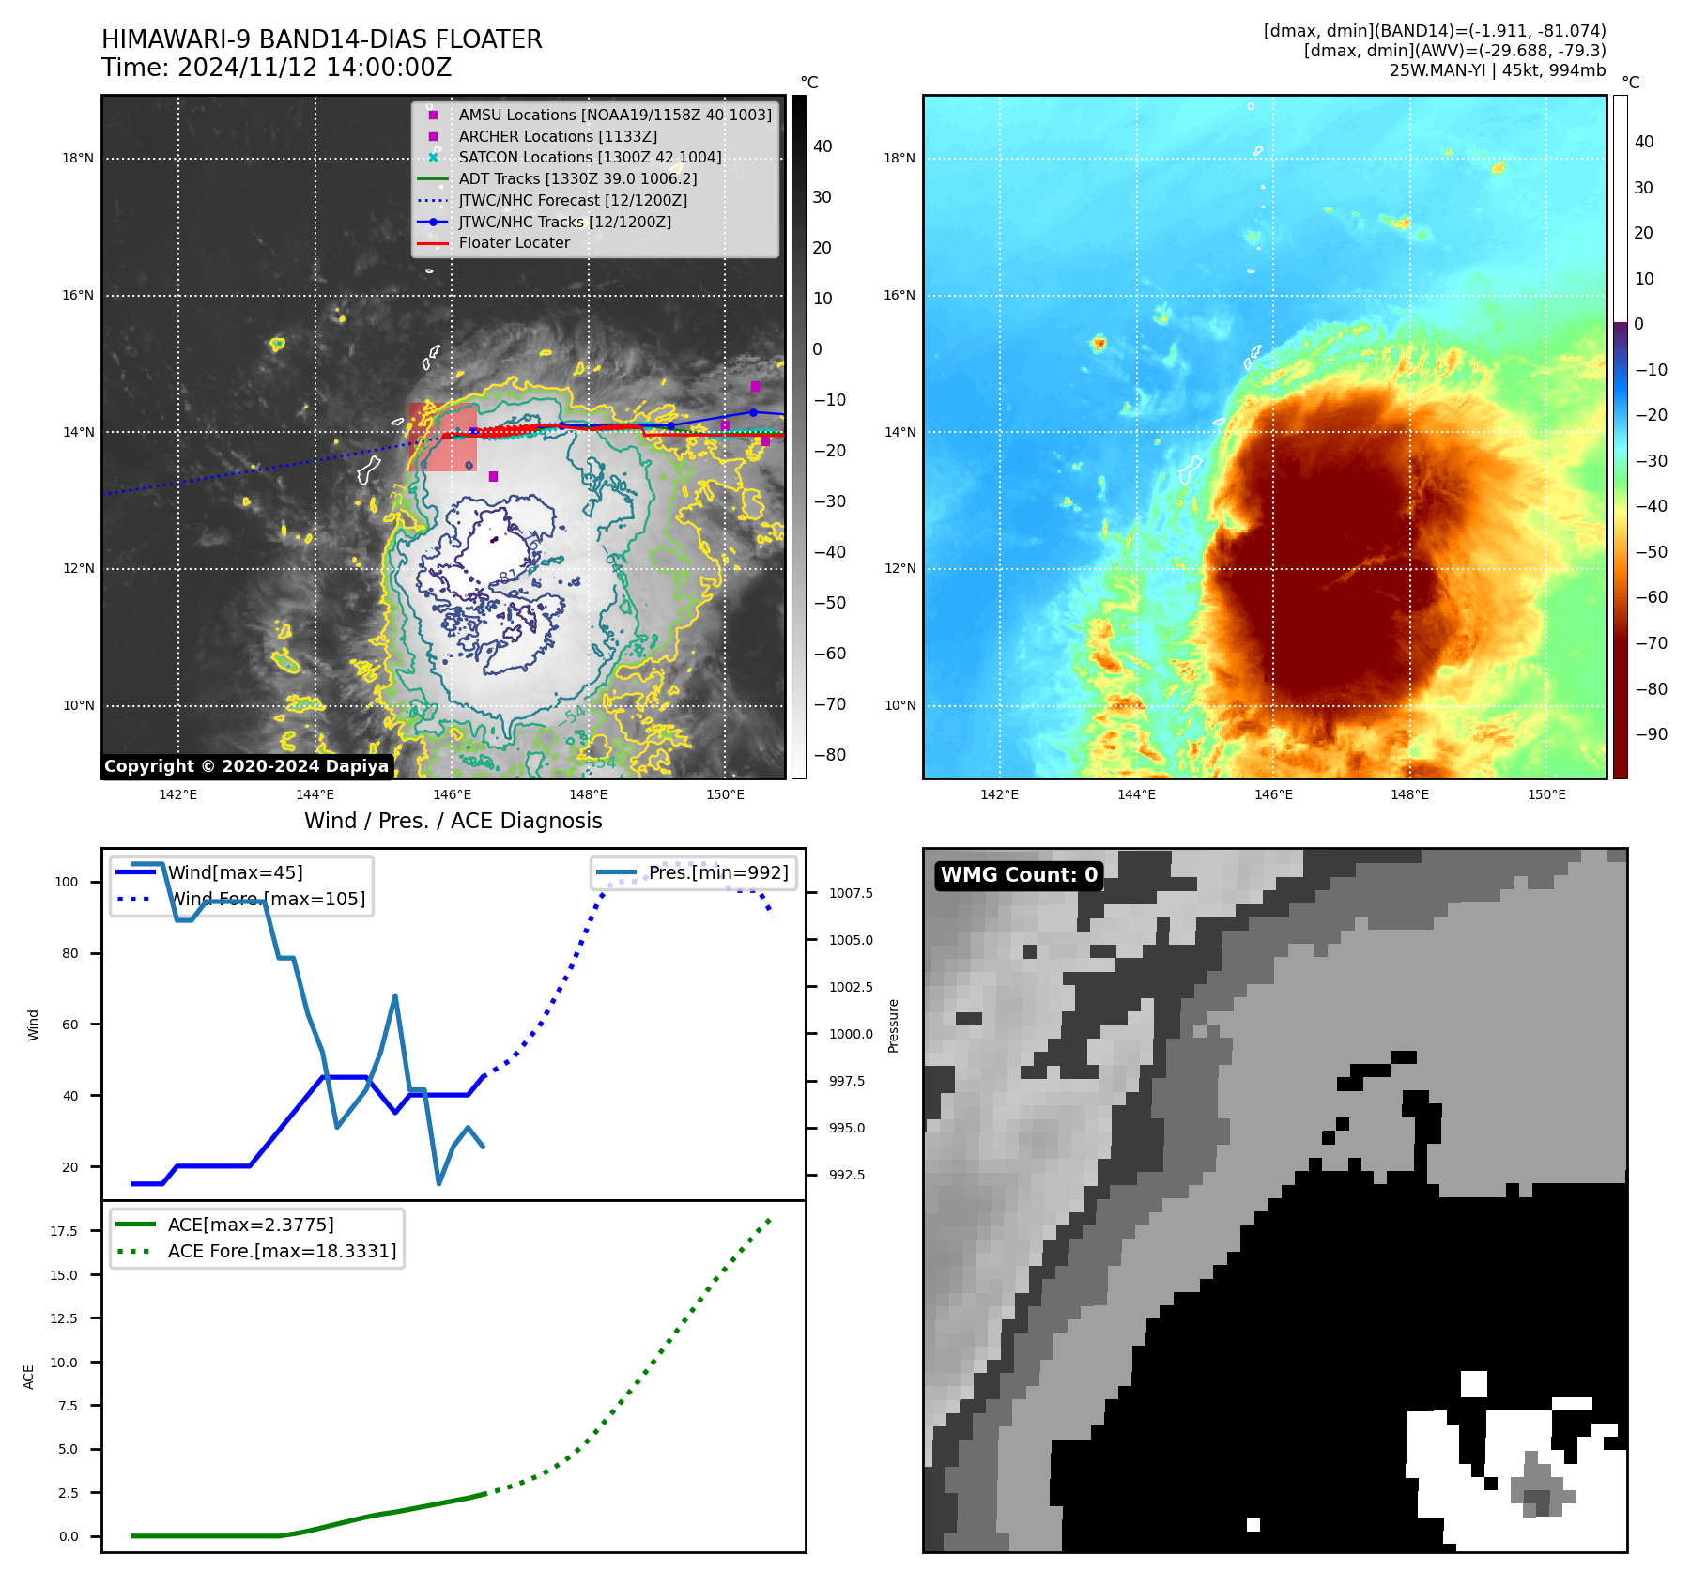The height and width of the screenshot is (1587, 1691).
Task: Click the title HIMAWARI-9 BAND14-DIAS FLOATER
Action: (321, 39)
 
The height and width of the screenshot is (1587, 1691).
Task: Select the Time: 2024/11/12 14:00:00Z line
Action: (276, 68)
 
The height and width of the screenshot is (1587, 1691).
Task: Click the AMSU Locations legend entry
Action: (614, 115)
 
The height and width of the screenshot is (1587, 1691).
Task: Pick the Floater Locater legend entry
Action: (514, 243)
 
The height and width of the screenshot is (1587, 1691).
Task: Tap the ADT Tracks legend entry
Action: (576, 178)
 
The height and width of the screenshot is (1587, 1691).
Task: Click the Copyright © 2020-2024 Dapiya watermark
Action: (246, 766)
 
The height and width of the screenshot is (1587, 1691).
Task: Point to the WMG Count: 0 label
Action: (1019, 875)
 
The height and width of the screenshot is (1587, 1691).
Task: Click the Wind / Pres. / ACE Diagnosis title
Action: (453, 821)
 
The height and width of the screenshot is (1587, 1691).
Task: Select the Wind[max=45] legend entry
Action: (235, 872)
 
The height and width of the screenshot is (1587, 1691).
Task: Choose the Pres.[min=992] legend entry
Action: (717, 872)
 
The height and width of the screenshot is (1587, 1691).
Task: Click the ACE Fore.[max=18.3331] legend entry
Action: (282, 1251)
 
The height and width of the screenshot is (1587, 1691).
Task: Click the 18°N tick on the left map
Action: (78, 158)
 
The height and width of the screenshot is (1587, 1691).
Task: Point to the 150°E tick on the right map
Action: (1545, 794)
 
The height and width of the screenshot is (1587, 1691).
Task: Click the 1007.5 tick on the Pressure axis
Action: (850, 893)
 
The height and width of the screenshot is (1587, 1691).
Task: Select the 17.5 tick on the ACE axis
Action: (63, 1231)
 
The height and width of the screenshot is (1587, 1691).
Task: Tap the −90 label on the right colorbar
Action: (1651, 734)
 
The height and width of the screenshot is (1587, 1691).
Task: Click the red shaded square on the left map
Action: (442, 438)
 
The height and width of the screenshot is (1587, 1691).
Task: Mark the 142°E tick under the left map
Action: (177, 794)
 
